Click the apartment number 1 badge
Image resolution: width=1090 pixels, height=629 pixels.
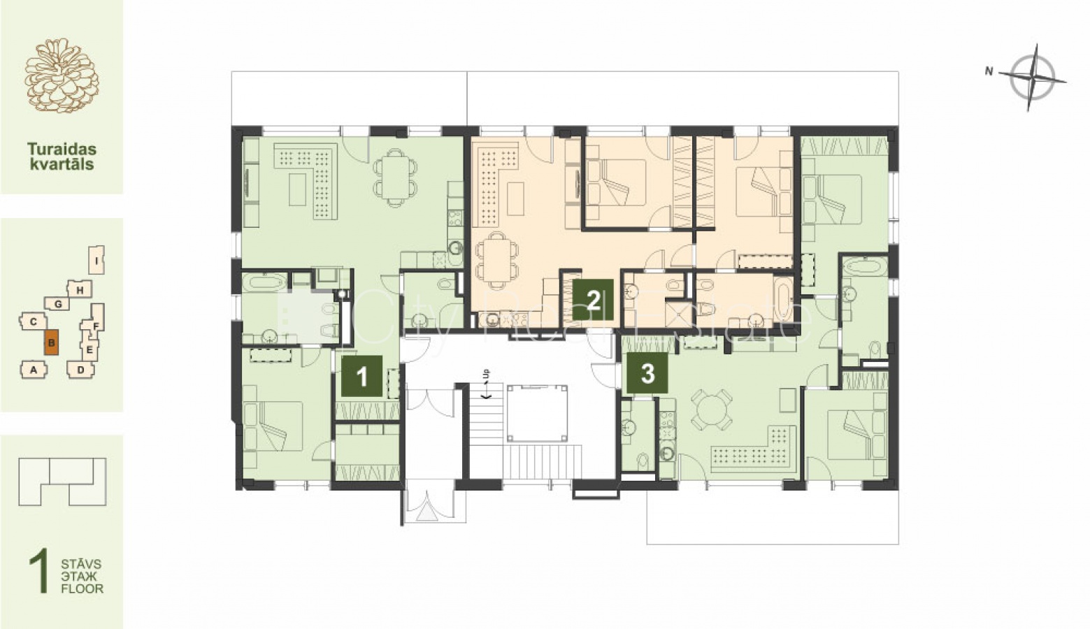click(x=362, y=376)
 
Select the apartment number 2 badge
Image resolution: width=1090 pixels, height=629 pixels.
click(x=593, y=299)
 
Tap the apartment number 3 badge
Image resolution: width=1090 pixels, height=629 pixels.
click(x=647, y=373)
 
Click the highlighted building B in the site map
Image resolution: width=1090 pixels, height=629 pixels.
click(x=51, y=343)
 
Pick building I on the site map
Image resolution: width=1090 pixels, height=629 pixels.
click(x=97, y=260)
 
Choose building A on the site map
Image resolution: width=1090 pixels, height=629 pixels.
click(x=34, y=370)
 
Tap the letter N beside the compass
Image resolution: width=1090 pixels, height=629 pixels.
click(x=989, y=71)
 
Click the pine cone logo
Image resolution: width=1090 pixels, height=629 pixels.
click(x=62, y=75)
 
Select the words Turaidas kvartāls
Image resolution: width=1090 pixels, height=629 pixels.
click(x=62, y=156)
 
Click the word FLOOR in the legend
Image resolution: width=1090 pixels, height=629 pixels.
click(x=82, y=588)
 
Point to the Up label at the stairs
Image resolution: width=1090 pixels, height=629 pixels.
click(x=486, y=374)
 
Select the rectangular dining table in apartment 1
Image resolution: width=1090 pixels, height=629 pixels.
click(x=395, y=178)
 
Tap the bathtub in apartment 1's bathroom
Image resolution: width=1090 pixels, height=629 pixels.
click(x=264, y=282)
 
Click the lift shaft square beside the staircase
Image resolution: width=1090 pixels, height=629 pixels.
click(x=537, y=413)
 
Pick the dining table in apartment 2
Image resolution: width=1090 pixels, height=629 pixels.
click(x=497, y=260)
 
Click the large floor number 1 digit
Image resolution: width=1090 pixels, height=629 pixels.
click(x=38, y=570)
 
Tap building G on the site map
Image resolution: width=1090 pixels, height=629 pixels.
click(x=57, y=304)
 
